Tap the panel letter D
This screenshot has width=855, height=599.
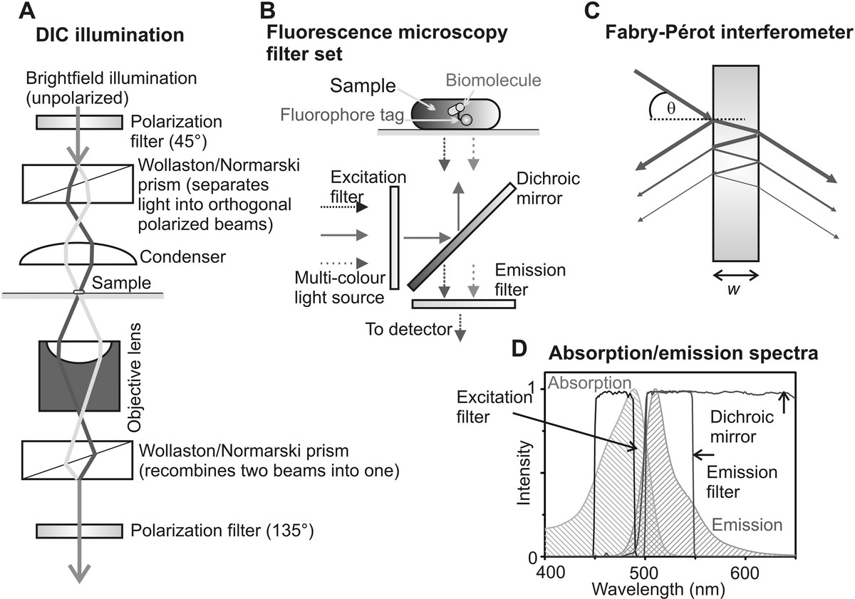point(521,349)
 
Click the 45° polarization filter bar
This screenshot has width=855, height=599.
point(79,123)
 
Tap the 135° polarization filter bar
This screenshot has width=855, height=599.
point(79,531)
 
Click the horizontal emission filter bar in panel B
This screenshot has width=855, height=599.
point(463,304)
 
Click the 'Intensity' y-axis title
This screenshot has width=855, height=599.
point(526,473)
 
